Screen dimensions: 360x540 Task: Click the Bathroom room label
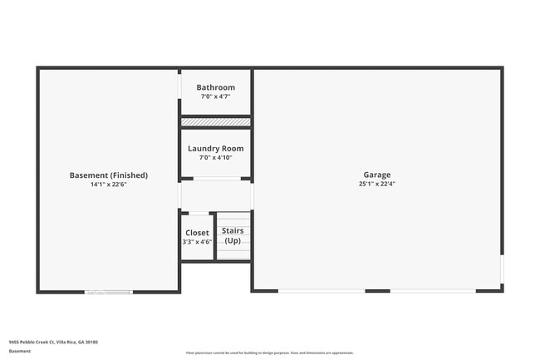click(x=215, y=87)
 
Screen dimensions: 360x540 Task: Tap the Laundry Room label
click(x=215, y=149)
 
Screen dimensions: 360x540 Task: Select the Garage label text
click(x=376, y=175)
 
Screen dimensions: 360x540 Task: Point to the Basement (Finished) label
click(x=108, y=175)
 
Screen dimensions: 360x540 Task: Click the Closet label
click(x=197, y=233)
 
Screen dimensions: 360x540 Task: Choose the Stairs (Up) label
click(x=233, y=235)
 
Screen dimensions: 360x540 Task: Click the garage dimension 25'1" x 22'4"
click(x=376, y=184)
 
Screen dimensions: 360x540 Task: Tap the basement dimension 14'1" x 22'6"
click(x=108, y=185)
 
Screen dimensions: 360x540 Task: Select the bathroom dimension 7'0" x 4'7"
click(x=215, y=96)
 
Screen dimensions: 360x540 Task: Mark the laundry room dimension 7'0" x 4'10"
click(x=215, y=158)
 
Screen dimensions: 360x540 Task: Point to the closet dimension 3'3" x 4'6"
click(x=197, y=242)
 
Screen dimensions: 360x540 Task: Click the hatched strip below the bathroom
click(x=215, y=122)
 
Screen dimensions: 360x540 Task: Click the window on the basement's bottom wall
click(x=109, y=291)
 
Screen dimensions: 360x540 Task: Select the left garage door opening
click(x=321, y=290)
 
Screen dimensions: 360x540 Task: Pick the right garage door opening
click(x=433, y=290)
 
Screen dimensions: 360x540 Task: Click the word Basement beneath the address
click(x=19, y=351)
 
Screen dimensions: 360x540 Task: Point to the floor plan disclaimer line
click(x=269, y=353)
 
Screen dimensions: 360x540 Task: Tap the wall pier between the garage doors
click(x=377, y=290)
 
